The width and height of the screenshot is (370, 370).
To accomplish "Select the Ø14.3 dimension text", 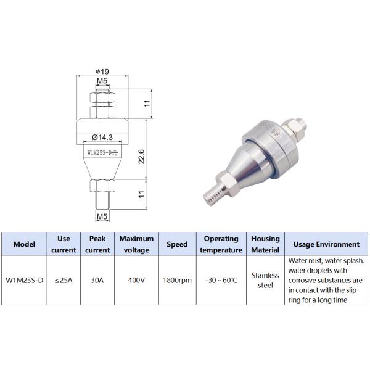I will [x=102, y=136].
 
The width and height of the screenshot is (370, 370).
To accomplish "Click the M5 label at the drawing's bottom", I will [x=102, y=216].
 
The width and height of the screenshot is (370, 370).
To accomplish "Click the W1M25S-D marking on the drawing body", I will [x=102, y=151].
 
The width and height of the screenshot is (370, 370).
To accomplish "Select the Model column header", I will [x=24, y=244].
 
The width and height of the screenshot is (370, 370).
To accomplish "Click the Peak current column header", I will [x=97, y=244].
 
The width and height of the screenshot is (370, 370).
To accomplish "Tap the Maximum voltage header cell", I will [x=136, y=244].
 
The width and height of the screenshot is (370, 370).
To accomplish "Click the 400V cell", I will [x=136, y=280].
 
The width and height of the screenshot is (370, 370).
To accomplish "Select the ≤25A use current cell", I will [x=62, y=280].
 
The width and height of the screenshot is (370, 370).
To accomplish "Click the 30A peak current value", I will [x=97, y=280].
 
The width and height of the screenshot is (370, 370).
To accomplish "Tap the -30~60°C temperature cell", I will [x=221, y=280].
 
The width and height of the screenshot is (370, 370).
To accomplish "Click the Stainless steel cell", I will [x=265, y=280].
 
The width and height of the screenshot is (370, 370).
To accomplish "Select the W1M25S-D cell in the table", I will [x=24, y=280].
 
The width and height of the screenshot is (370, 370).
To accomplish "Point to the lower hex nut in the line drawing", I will [x=102, y=185].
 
